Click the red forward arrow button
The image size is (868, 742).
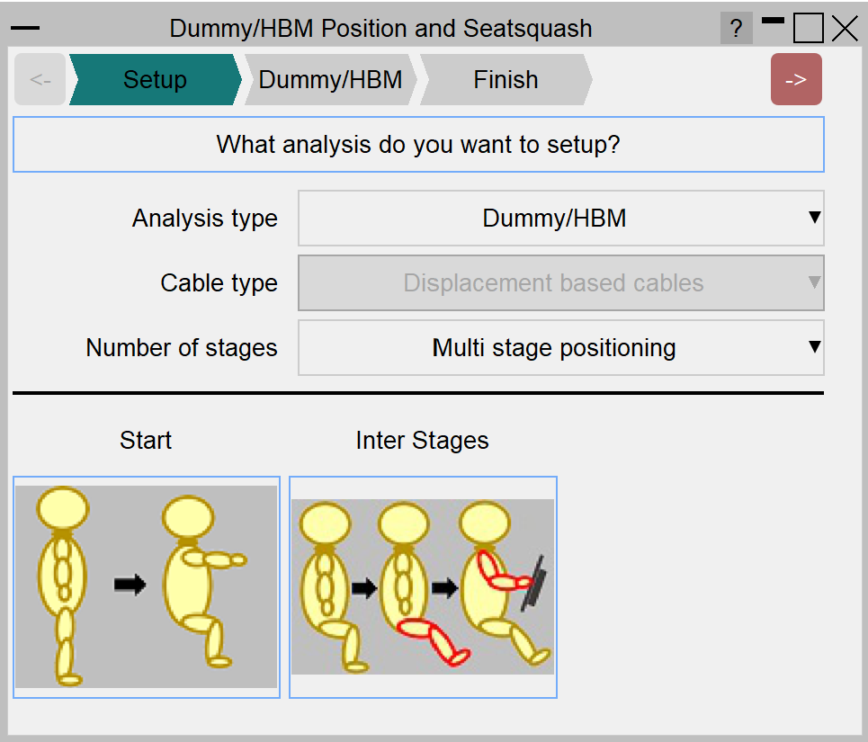point(796,79)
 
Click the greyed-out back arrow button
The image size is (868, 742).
point(40,79)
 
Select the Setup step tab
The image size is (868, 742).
point(155,79)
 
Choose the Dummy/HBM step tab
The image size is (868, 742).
point(330,79)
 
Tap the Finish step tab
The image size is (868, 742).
point(506,79)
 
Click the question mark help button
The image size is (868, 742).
point(736,28)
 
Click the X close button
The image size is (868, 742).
point(845,28)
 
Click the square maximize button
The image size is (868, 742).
point(809,28)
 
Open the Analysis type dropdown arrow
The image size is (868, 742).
point(814,217)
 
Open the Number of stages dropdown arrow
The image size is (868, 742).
point(814,346)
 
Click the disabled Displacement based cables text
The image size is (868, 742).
point(553,282)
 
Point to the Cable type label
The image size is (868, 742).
point(219,282)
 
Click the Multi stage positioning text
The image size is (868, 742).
point(554,348)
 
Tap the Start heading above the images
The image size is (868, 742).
point(146,441)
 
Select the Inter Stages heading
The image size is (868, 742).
point(423,441)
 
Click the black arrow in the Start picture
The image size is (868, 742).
point(130,585)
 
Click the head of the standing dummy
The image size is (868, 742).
point(63,508)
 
